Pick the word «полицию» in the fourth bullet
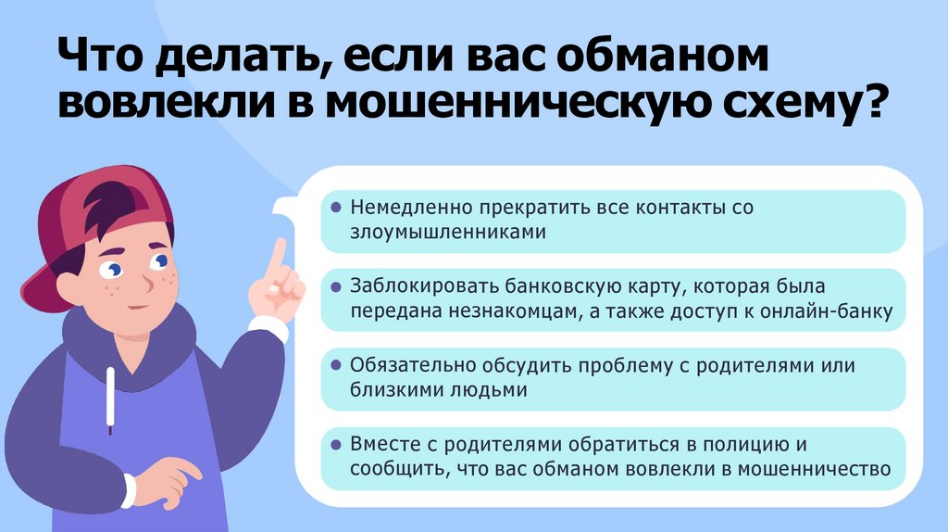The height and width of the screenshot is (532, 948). (732, 444)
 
